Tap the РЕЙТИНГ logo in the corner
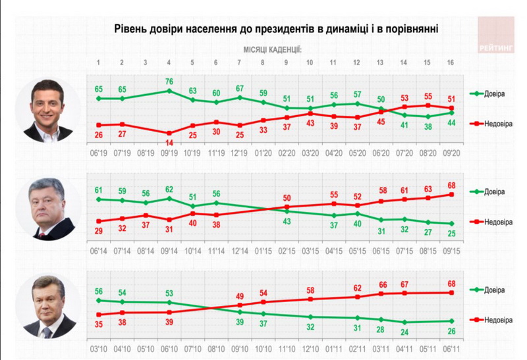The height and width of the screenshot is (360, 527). [497, 47]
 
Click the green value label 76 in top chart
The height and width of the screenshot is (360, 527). [169, 82]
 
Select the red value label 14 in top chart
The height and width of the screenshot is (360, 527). [169, 142]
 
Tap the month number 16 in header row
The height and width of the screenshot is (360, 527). [451, 63]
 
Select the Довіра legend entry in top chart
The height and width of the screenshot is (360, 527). [487, 93]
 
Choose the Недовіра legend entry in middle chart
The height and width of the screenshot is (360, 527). [487, 222]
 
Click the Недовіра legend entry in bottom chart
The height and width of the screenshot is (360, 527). [487, 321]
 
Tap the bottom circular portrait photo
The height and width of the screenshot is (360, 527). [52, 307]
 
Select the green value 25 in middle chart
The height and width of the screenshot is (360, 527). [451, 234]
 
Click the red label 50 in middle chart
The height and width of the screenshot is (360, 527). [287, 198]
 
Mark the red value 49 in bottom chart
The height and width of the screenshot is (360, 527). [240, 296]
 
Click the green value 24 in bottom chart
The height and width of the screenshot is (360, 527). [404, 332]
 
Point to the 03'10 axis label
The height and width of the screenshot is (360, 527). [99, 350]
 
